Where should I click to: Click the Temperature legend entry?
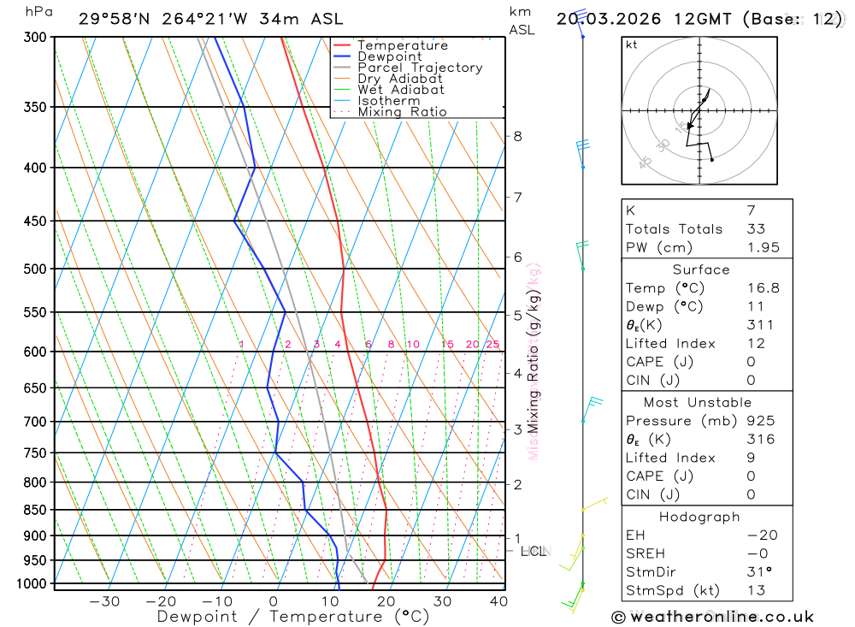point(402,45)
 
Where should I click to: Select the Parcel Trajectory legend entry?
point(420,68)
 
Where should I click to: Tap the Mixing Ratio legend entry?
point(402,112)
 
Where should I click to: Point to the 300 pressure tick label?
point(35,38)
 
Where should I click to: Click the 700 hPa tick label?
point(35,422)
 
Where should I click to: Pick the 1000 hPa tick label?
point(32,583)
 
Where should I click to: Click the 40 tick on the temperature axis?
point(498,601)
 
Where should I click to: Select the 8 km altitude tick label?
point(517,136)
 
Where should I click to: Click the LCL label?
point(534,551)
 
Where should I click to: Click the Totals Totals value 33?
point(755,228)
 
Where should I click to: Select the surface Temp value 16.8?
point(763,288)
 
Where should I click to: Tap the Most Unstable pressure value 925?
point(760,421)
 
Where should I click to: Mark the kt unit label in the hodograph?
point(632,44)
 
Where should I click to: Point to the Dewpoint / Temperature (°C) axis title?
point(292,617)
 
